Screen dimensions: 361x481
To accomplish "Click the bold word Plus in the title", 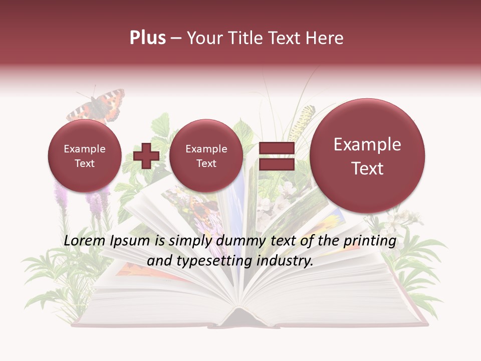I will pyautogui.click(x=147, y=38).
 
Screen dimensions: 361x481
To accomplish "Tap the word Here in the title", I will pyautogui.click(x=325, y=38).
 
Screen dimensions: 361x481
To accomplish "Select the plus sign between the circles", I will pyautogui.click(x=146, y=155).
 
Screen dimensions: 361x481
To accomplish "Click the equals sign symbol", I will pyautogui.click(x=277, y=155).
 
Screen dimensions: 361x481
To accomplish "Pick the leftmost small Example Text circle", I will pyautogui.click(x=84, y=156).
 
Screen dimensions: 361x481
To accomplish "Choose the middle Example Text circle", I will pyautogui.click(x=206, y=156).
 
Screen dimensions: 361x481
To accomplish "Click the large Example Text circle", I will pyautogui.click(x=367, y=156).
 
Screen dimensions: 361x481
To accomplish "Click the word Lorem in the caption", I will pyautogui.click(x=84, y=241).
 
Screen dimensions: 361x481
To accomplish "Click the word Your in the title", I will pyautogui.click(x=204, y=38).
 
